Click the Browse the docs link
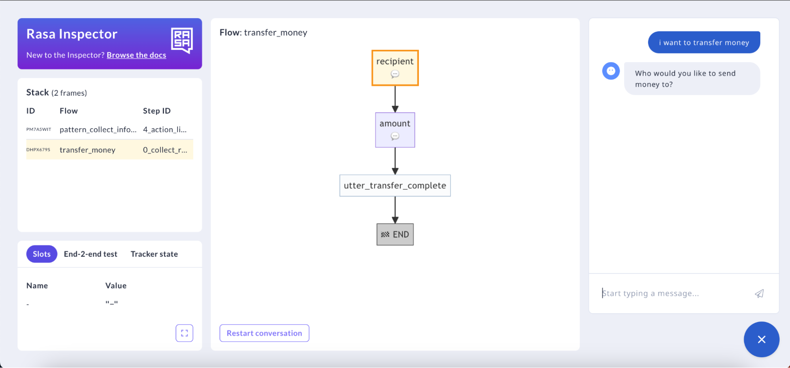(136, 55)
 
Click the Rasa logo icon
(182, 40)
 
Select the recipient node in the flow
(395, 68)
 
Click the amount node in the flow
(395, 130)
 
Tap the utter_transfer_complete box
(395, 186)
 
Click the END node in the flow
(395, 234)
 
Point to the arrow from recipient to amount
(395, 99)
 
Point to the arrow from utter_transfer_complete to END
(395, 210)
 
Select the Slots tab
(41, 254)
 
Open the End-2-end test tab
(91, 254)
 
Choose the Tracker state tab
(154, 254)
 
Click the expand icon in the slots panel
(184, 333)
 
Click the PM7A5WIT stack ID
(39, 129)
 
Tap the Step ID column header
(156, 111)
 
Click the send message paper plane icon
(759, 294)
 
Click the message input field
(672, 294)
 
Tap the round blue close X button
(761, 340)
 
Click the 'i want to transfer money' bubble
(704, 42)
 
